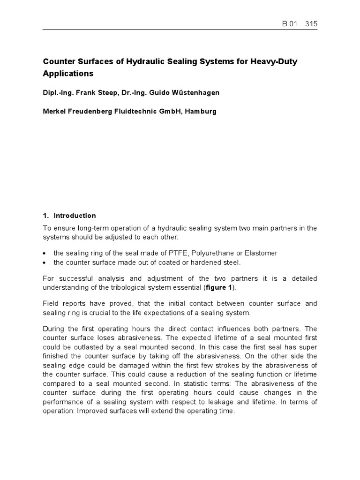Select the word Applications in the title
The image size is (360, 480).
(x=68, y=74)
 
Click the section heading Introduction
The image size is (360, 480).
(x=75, y=216)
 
